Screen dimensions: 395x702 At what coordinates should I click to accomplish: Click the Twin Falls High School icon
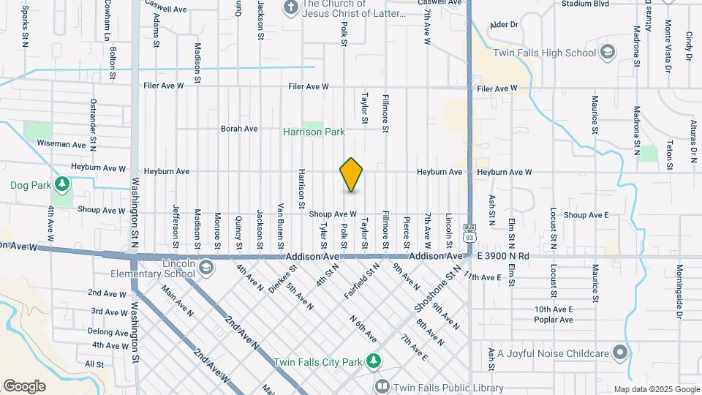tap(607, 52)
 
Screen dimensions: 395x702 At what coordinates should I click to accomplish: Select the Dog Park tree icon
tap(62, 183)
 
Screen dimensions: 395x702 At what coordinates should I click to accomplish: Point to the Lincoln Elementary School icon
tap(206, 266)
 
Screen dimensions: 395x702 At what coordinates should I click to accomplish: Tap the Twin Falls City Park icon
tap(374, 361)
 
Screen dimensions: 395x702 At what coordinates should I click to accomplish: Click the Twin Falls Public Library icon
tap(382, 387)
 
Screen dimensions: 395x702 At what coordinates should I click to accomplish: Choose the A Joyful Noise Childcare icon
tap(620, 353)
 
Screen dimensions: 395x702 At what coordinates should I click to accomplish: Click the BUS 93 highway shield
tap(469, 234)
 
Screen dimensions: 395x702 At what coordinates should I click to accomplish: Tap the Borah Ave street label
tap(239, 129)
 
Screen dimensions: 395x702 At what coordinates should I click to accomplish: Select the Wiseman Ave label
tap(61, 144)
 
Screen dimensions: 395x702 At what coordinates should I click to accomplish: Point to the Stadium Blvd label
tap(585, 4)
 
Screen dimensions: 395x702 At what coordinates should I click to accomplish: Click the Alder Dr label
tap(503, 25)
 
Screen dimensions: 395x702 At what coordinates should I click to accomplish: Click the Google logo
tap(24, 385)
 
